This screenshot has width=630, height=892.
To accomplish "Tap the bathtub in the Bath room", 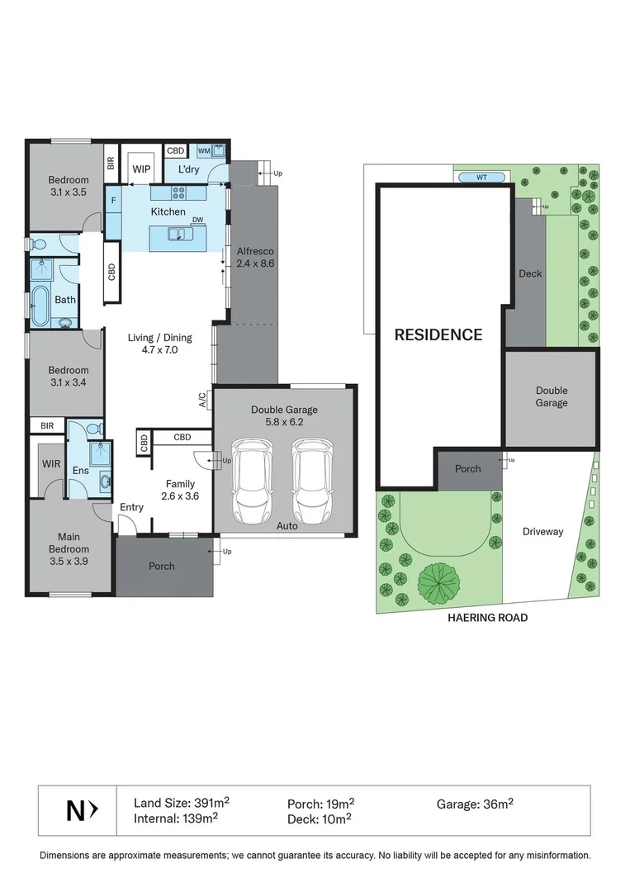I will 40,302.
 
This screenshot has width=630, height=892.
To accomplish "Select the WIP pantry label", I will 141,168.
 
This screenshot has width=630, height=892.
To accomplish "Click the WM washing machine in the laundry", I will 203,151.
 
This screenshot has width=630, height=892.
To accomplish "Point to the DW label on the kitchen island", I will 197,221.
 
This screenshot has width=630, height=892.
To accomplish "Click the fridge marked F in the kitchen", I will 113,200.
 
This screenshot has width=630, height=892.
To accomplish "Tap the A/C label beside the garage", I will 203,400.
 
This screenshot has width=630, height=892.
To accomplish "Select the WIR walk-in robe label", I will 51,464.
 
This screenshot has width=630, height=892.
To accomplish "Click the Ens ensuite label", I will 80,470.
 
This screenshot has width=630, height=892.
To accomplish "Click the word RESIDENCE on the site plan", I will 438,334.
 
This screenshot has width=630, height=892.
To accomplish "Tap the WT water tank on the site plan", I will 481,177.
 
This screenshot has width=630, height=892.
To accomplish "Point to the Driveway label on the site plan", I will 542,531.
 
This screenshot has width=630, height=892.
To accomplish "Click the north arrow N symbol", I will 82,811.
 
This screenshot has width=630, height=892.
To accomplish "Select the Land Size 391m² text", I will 182,803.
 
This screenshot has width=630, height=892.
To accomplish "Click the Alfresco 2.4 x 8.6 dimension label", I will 254,257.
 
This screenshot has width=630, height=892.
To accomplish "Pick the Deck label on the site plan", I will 529,273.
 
